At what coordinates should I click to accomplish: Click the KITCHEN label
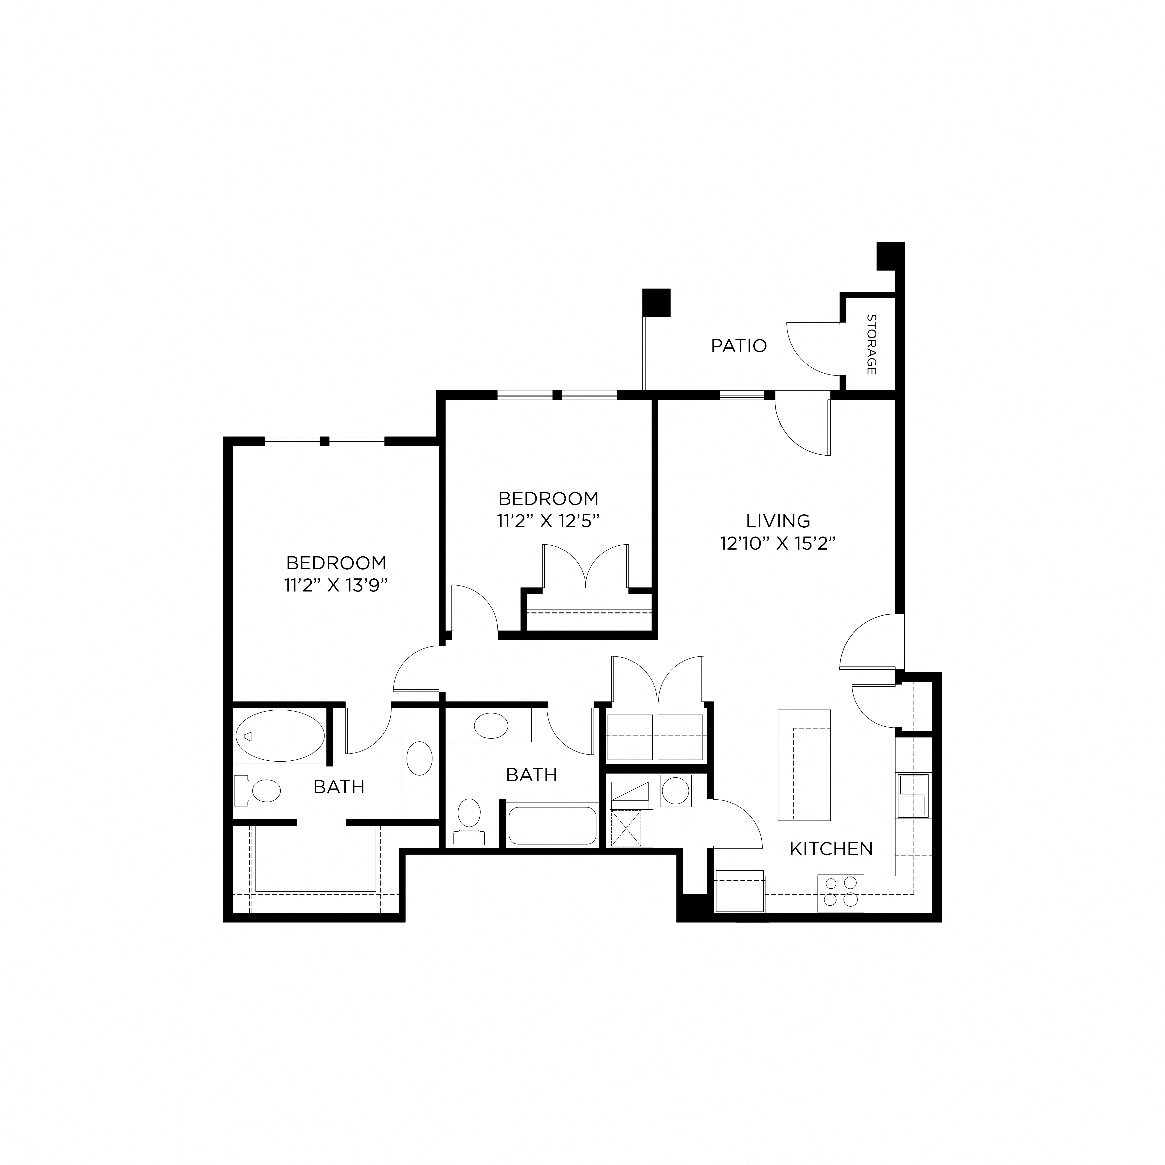tap(831, 849)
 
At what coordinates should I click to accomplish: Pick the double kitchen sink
tap(912, 795)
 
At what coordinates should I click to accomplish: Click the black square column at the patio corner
tap(656, 303)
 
